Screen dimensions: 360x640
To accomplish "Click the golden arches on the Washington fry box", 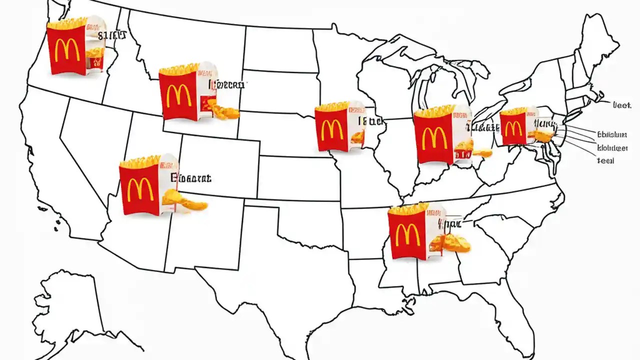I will coord(63,50).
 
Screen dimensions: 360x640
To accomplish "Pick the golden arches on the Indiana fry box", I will coord(433,138).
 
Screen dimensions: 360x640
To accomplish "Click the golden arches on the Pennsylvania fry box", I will coord(513,129).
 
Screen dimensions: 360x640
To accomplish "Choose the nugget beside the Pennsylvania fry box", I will coord(543,135).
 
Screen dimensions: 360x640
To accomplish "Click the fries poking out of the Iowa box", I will coord(331,106).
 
